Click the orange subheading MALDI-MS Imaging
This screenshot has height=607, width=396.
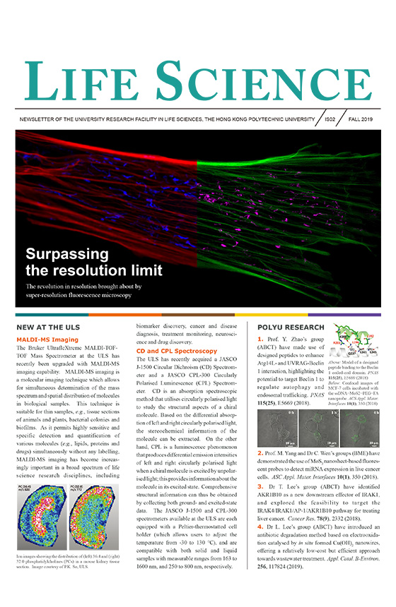click(47, 340)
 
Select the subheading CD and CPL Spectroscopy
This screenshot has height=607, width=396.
click(176, 351)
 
